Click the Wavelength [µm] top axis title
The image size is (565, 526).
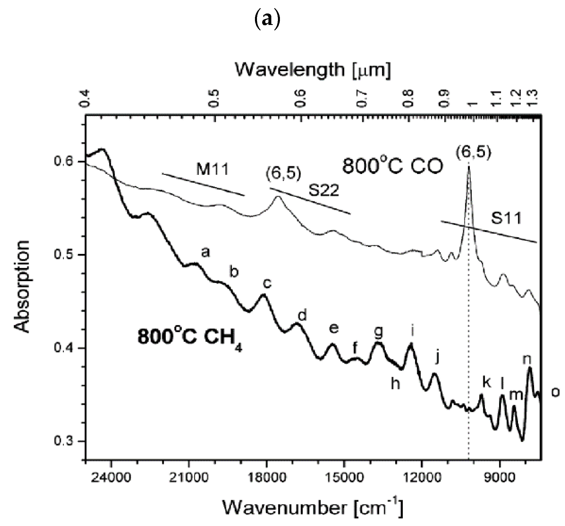click(x=313, y=70)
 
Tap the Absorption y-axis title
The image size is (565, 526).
click(x=22, y=287)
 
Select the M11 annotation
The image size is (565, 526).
click(x=213, y=169)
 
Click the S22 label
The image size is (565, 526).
click(x=324, y=190)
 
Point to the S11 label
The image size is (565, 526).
click(x=506, y=218)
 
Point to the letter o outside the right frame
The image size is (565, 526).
click(x=556, y=392)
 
